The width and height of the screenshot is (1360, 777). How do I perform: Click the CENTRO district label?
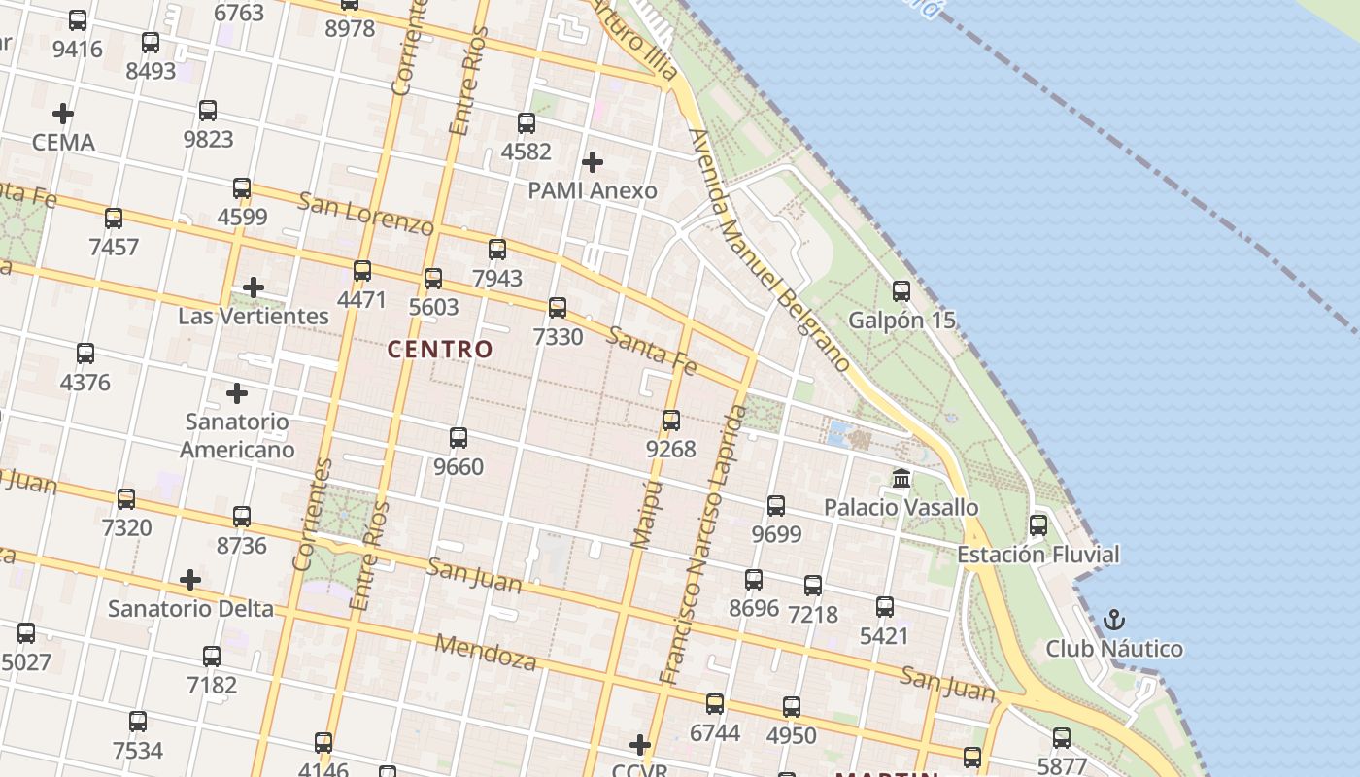tap(440, 349)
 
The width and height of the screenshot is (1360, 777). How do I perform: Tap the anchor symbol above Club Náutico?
tap(1114, 619)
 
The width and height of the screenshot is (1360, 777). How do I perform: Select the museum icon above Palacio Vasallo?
tap(901, 478)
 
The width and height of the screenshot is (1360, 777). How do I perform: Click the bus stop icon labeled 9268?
tap(671, 421)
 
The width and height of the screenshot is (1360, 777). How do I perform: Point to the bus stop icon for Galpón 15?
tap(901, 290)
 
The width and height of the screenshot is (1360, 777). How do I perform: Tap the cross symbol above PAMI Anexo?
tap(592, 161)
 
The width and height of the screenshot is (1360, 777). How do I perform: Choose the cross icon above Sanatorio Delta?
tap(190, 580)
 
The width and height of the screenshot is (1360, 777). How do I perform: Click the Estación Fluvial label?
tap(1037, 555)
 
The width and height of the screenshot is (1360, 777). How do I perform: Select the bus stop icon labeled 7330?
tap(558, 308)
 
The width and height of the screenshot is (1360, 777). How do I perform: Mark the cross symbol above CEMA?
tap(63, 114)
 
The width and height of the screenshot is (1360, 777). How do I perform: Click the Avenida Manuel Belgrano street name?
tap(769, 251)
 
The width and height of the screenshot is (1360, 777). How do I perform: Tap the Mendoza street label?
tap(486, 653)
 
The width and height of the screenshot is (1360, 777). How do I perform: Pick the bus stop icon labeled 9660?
tap(459, 438)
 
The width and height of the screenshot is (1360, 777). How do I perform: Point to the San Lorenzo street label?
tap(365, 214)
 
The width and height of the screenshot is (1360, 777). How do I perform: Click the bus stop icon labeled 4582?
tap(527, 123)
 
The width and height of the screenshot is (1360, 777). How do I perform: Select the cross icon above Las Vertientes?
tap(254, 287)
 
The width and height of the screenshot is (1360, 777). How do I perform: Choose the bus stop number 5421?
tap(884, 636)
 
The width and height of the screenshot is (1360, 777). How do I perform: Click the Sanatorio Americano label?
tap(237, 435)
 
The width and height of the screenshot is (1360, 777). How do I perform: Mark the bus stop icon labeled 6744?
tap(715, 704)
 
